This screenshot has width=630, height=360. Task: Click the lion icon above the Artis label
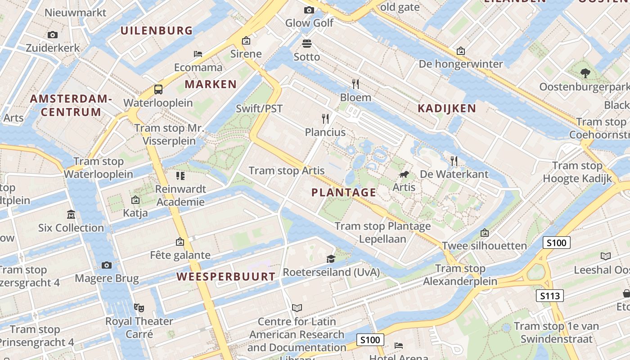pos(404,175)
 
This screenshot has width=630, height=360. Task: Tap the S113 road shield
pos(550,296)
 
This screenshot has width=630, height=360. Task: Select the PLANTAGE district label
pos(344,193)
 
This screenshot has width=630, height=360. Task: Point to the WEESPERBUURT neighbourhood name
pos(226,277)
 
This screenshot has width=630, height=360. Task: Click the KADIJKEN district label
pos(446,108)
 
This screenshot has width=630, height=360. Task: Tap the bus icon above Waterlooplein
pos(158,89)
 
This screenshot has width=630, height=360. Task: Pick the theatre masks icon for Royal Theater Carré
pos(139,308)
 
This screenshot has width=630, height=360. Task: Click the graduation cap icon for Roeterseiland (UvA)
pos(331,259)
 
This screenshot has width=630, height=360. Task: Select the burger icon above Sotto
pos(307,44)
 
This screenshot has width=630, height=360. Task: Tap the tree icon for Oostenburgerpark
pos(585,73)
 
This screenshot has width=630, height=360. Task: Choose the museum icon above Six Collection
pos(71,214)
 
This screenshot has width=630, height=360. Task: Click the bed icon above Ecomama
pos(198,54)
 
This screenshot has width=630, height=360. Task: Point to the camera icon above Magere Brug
pos(107,265)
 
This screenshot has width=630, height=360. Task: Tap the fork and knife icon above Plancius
pos(325,119)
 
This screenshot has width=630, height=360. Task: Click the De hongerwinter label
pos(461,64)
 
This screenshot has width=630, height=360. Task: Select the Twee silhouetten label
pos(484,246)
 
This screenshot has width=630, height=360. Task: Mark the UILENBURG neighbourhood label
pos(157,31)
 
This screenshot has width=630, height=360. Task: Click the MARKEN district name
pos(211,84)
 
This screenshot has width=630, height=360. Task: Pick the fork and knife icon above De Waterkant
pos(454,161)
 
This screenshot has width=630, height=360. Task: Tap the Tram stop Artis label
pos(287,171)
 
